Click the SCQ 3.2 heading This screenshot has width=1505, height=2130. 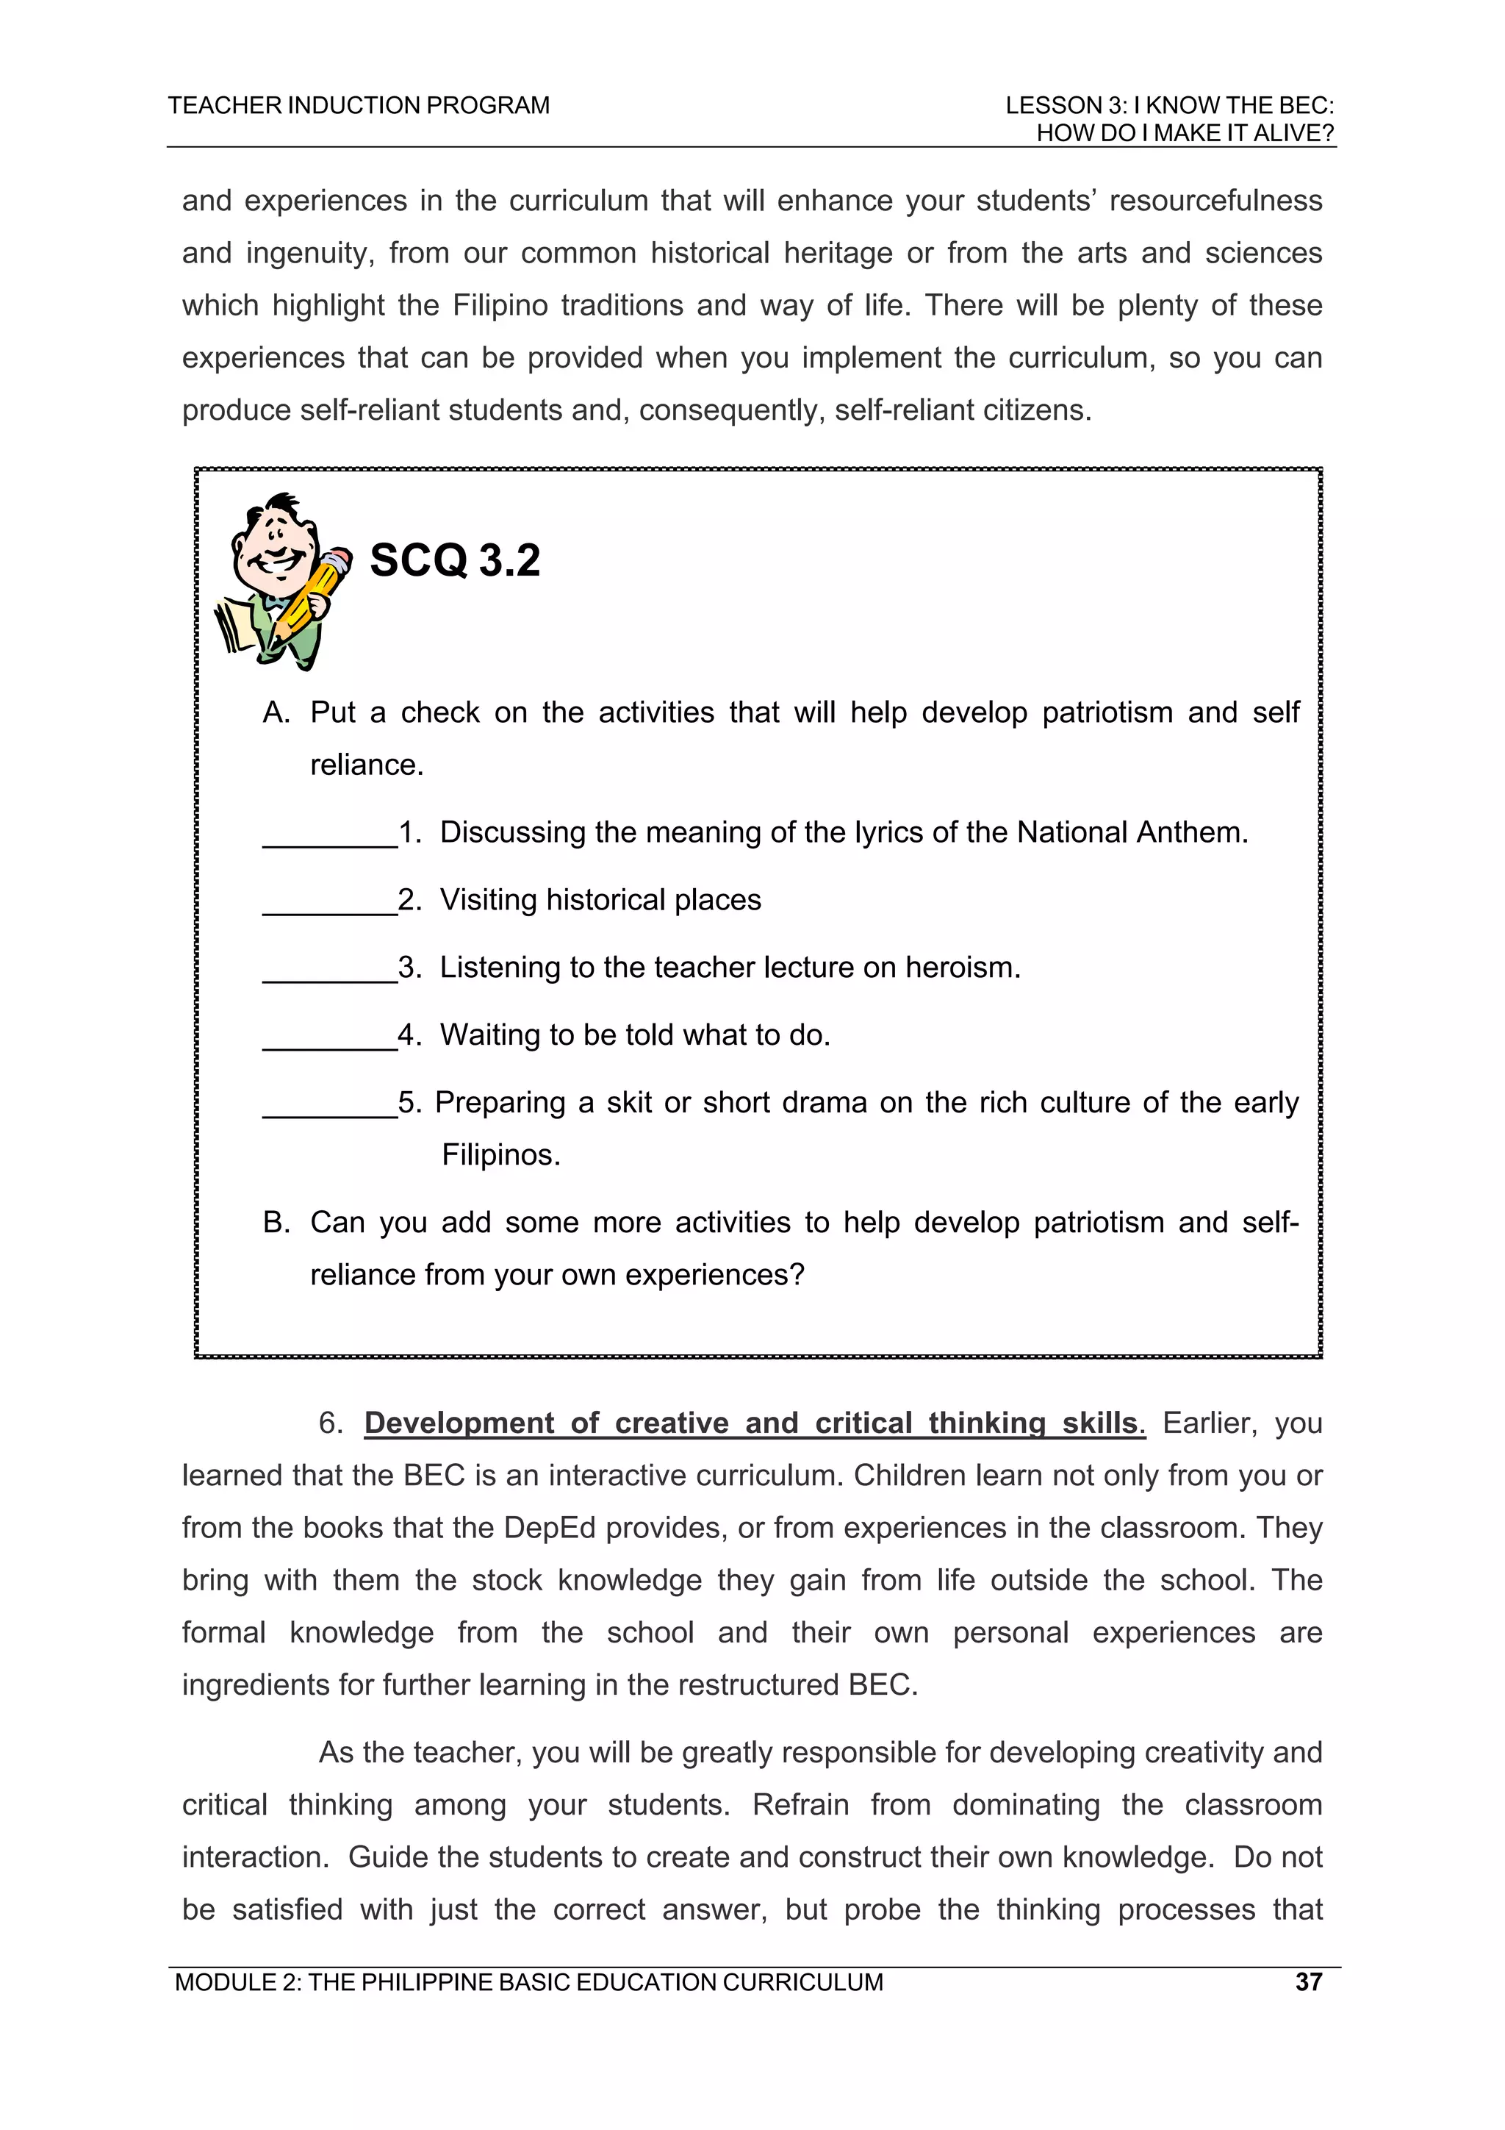[454, 560]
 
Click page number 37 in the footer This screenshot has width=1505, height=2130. [1308, 1981]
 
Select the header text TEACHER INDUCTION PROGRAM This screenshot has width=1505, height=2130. [359, 106]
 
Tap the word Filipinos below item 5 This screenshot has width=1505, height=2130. [500, 1155]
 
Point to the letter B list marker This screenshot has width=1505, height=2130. [276, 1223]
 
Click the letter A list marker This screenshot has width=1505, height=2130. [276, 712]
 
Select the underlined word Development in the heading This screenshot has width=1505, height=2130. [459, 1423]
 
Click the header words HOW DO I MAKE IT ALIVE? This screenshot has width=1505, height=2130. [1184, 134]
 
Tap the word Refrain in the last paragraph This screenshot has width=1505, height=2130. [800, 1804]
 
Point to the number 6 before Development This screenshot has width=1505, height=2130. [330, 1423]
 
